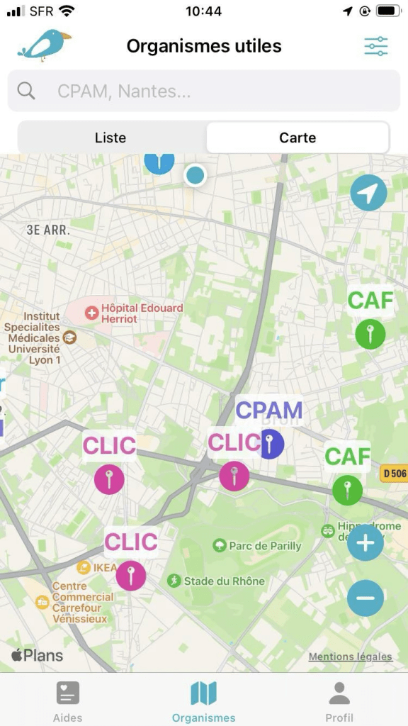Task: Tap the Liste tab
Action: coord(110,138)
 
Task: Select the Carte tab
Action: coord(297,138)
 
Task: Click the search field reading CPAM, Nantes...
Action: coord(204,91)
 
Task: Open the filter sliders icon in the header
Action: coord(376,46)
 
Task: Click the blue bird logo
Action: coord(44,45)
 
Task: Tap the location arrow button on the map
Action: coord(368,193)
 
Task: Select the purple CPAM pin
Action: coord(269,444)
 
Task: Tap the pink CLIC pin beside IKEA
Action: coord(130,575)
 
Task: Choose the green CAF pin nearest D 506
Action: coord(347,489)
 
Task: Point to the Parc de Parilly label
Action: coord(258,546)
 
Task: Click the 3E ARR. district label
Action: coord(49,230)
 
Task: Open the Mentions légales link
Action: coord(350,657)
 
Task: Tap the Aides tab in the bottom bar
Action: coord(67,701)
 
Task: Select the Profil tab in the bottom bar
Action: coord(339,701)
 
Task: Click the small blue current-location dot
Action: coord(195,174)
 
